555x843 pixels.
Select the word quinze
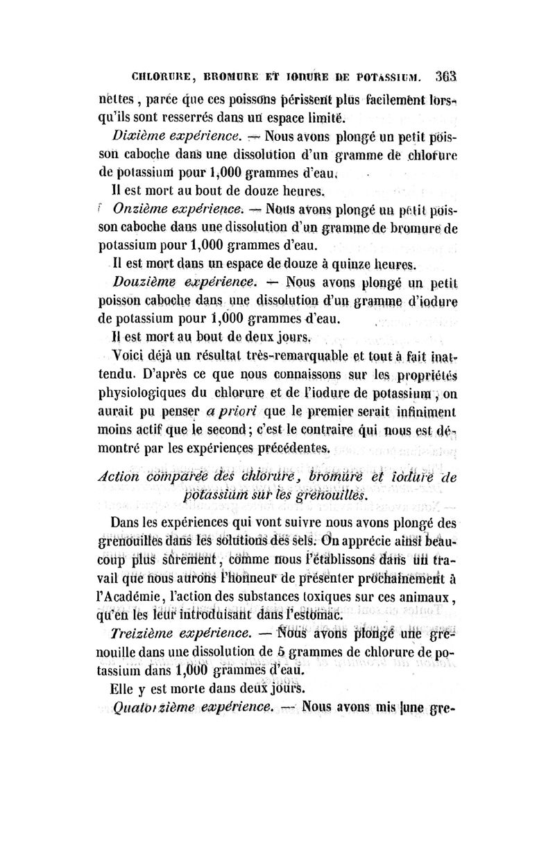pos(338,264)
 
